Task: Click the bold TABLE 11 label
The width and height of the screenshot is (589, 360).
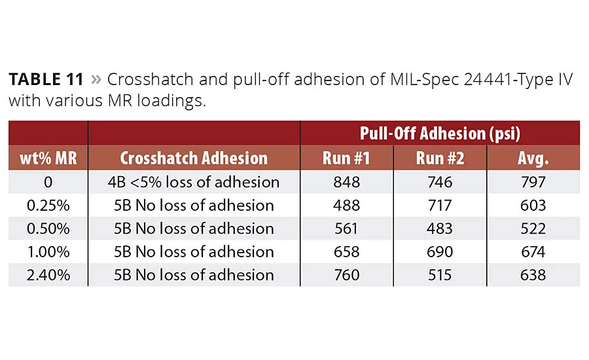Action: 46,80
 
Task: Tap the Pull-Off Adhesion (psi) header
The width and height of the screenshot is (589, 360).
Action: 440,133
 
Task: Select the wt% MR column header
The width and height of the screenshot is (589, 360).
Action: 48,158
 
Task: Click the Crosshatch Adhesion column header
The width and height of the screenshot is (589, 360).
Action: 194,158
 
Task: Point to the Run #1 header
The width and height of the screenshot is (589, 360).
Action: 346,158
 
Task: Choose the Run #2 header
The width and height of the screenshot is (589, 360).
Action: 439,158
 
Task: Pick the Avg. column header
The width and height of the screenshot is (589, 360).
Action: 533,158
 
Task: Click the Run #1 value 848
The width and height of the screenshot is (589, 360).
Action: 346,182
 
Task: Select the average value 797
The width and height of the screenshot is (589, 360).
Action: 533,182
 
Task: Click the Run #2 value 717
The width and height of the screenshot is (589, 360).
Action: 439,206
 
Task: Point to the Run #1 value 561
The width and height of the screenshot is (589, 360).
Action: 346,228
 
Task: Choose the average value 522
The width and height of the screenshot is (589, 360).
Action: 533,228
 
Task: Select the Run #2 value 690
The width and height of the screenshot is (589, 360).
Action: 439,251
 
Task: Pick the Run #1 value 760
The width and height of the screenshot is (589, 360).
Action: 346,275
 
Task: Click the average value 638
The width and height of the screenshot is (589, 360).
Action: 533,275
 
